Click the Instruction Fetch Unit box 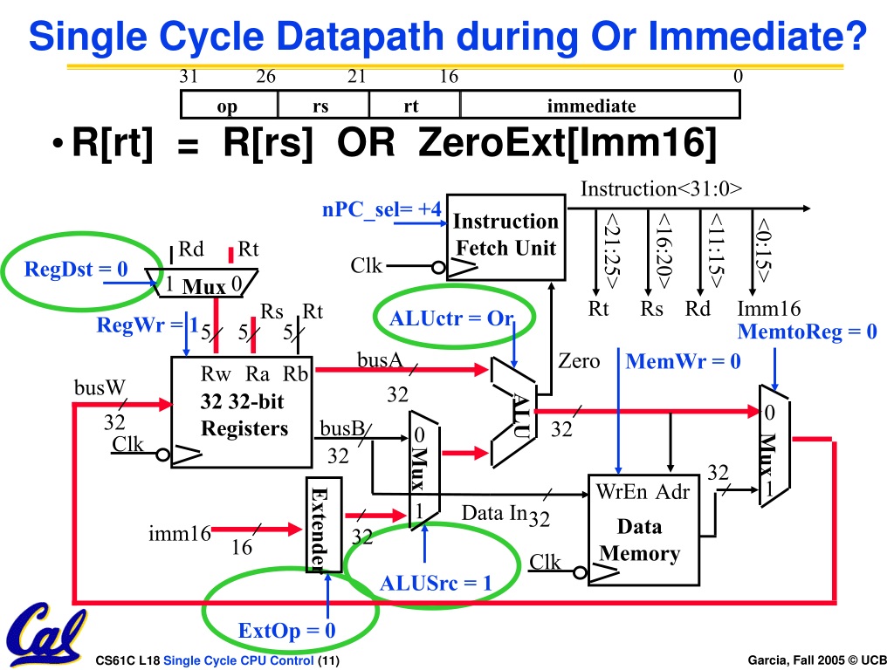[505, 237]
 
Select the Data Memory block [643, 530]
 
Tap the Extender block [324, 524]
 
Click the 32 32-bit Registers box [242, 413]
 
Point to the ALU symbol [513, 413]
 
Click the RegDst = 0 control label [76, 269]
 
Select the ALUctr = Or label [451, 318]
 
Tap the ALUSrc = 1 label [436, 584]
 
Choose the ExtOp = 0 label [286, 631]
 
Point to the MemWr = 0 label [683, 361]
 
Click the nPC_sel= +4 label [382, 209]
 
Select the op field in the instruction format [229, 105]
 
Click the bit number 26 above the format [265, 77]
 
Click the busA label [380, 359]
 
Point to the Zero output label [579, 361]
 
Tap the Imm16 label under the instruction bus [769, 309]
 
